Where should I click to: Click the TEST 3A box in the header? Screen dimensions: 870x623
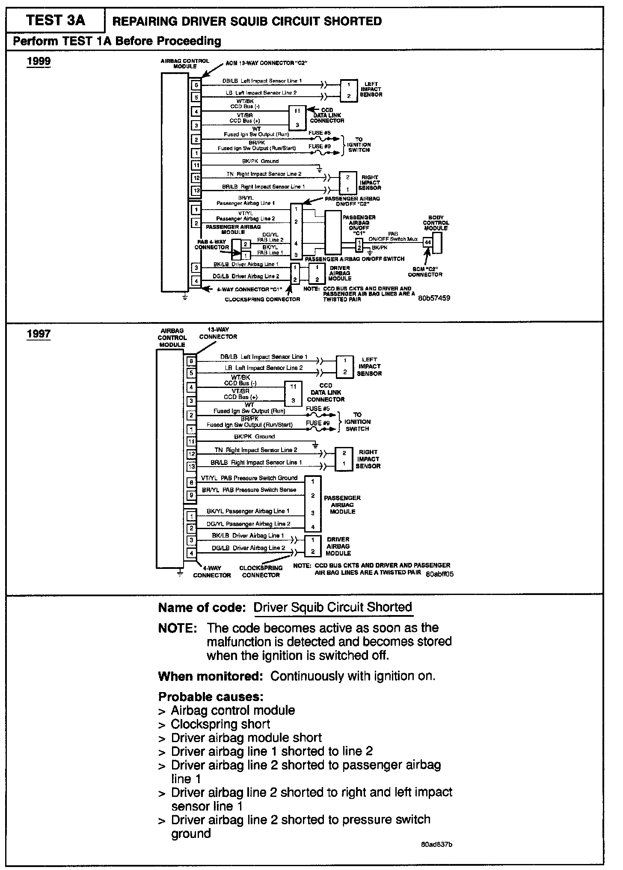(x=56, y=21)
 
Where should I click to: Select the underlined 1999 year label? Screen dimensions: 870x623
(x=39, y=61)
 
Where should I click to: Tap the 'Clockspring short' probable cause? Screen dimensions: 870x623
(x=220, y=724)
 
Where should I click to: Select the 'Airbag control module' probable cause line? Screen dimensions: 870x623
(x=233, y=710)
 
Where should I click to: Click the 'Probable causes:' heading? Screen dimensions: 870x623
(x=211, y=696)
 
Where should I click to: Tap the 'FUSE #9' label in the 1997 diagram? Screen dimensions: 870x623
(x=317, y=423)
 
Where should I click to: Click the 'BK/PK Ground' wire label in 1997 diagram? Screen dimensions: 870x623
(x=254, y=436)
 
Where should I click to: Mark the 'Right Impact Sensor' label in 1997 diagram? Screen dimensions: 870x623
(x=368, y=459)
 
